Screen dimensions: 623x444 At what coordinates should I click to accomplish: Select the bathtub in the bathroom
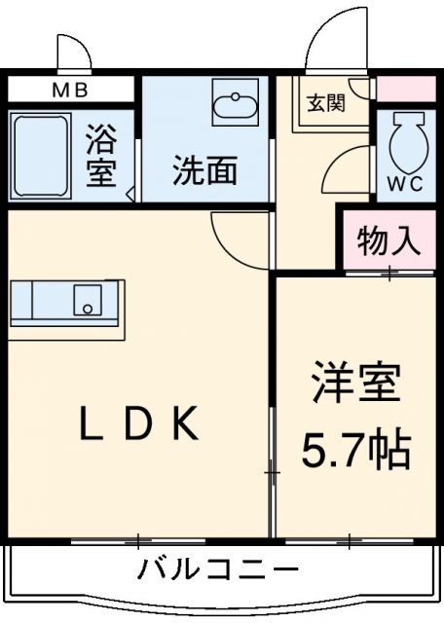40,156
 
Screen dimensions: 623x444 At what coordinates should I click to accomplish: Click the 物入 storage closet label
388,239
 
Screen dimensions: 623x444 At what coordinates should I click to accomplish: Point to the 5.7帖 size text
356,449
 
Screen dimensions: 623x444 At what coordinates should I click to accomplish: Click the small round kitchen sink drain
88,308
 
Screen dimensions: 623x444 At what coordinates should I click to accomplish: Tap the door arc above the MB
73,51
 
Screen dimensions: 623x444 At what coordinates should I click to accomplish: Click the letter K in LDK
188,423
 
